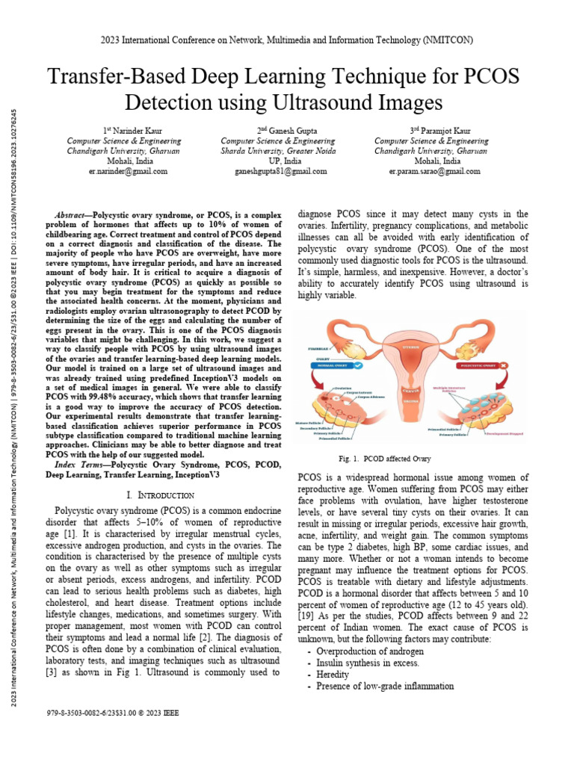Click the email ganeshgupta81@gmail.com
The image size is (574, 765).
(x=278, y=171)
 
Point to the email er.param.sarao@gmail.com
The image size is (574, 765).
(x=434, y=171)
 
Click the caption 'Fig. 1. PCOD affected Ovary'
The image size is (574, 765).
(x=385, y=459)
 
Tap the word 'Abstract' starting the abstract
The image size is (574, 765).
(x=74, y=214)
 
